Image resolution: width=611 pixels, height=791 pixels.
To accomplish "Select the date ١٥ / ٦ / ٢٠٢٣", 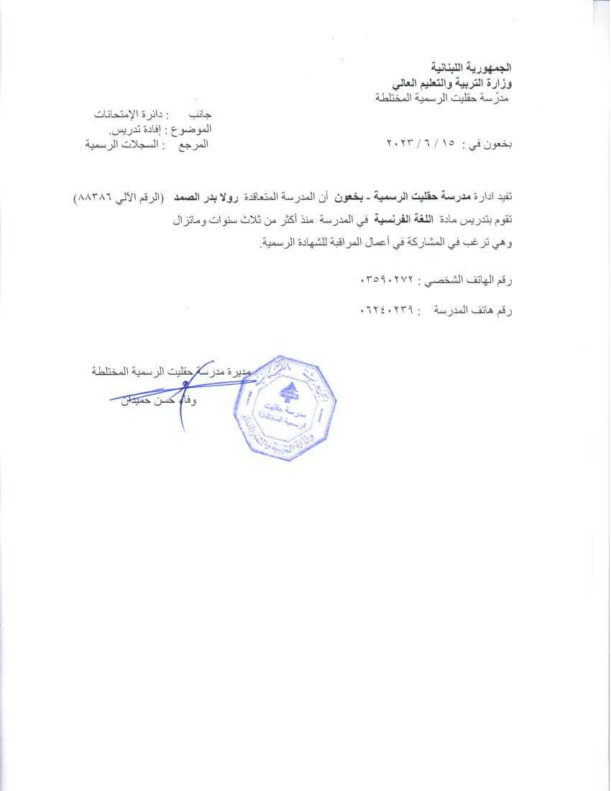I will [422, 145].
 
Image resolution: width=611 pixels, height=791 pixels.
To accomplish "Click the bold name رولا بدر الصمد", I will [210, 196].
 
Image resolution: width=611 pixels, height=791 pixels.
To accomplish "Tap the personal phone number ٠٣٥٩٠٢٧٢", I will [388, 278].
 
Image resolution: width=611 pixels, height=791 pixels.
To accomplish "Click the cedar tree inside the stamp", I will [290, 393].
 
